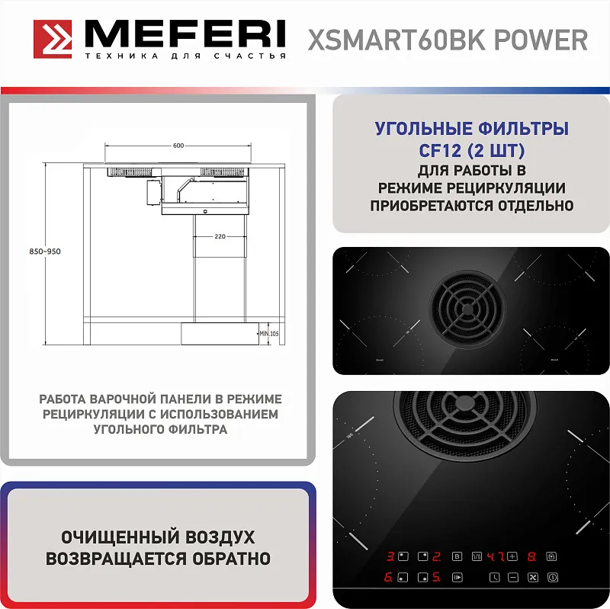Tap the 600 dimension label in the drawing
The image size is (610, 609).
178,146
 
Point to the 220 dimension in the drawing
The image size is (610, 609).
220,237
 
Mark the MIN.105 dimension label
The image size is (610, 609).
270,333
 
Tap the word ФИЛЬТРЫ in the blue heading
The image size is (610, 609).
522,128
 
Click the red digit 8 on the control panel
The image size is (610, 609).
531,556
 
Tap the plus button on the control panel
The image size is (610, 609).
512,556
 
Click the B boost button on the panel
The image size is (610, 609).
457,556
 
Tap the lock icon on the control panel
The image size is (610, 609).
551,556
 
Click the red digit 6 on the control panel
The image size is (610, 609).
388,577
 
